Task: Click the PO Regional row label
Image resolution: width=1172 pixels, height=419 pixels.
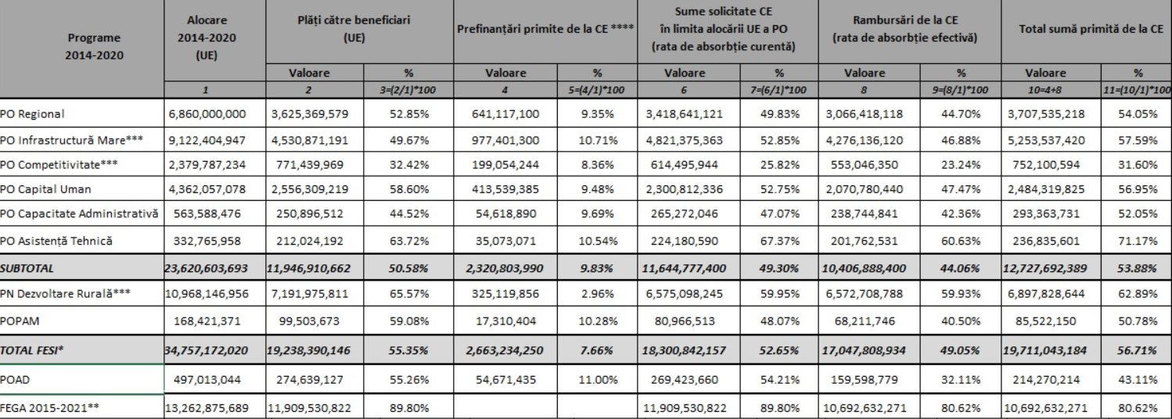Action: tap(33, 115)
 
